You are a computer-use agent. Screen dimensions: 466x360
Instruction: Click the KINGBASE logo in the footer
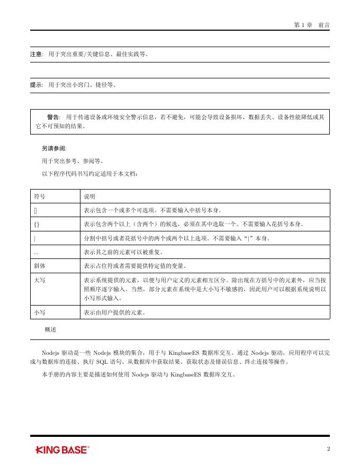point(62,450)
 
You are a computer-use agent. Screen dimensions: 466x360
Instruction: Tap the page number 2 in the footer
point(328,449)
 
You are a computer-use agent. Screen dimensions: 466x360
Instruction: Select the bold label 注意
point(36,54)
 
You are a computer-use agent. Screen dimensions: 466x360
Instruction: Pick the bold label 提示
point(36,84)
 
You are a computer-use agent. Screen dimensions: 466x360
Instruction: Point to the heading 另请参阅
point(54,148)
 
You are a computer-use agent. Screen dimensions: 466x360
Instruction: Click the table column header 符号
point(39,196)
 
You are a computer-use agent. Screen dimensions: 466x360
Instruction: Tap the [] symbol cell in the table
point(35,210)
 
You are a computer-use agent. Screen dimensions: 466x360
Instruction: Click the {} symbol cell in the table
point(37,225)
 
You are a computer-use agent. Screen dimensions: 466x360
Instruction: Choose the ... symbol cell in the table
point(36,252)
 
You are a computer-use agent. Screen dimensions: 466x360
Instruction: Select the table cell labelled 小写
point(39,312)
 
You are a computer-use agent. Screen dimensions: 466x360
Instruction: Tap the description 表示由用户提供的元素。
point(114,312)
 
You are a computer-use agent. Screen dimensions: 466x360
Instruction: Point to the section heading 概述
point(51,329)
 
